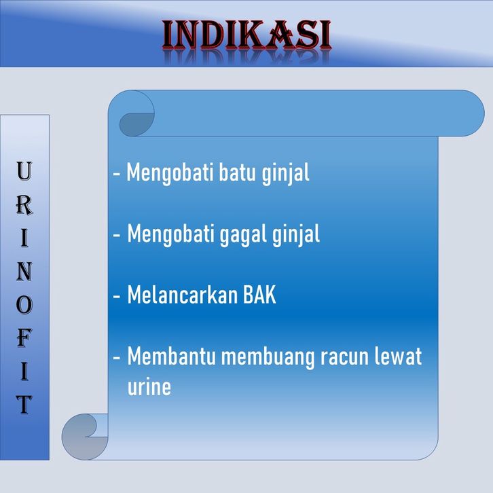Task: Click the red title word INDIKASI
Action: click(x=246, y=35)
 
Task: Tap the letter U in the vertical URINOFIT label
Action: click(x=24, y=170)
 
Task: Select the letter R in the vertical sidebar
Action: click(x=24, y=205)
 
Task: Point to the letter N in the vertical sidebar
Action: click(x=24, y=272)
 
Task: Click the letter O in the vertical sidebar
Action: click(x=24, y=306)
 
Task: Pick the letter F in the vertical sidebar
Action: click(x=24, y=338)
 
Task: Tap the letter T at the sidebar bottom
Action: click(x=24, y=405)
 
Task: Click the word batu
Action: click(x=237, y=172)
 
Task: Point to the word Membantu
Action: click(x=171, y=357)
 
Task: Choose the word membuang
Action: click(x=268, y=357)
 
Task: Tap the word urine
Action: click(x=149, y=387)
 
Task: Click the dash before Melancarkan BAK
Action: click(x=117, y=296)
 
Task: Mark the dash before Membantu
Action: click(x=117, y=357)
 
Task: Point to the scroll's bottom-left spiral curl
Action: click(x=85, y=437)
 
